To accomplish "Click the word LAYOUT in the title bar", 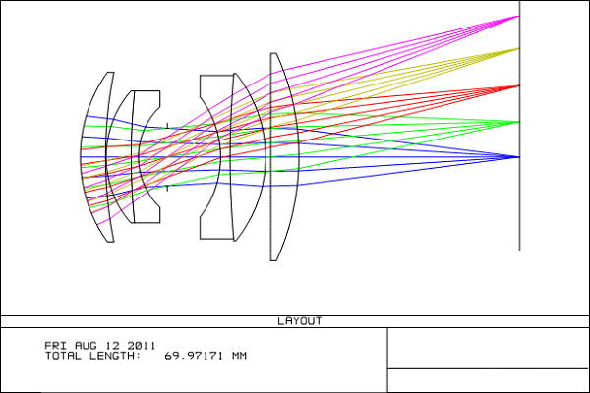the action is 300,321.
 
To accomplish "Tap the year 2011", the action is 141,346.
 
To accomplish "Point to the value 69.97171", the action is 194,356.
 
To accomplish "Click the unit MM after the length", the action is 239,356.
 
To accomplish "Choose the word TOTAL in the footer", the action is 63,356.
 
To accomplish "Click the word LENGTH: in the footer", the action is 115,356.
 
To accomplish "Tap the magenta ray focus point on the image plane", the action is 519,16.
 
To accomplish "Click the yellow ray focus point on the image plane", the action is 519,48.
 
